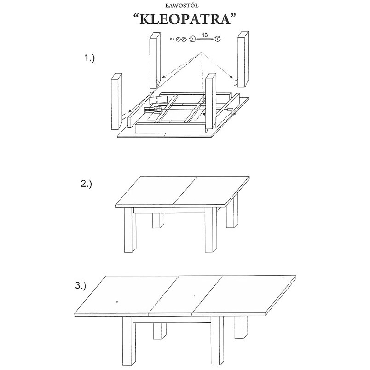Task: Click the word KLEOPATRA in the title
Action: [x=185, y=19]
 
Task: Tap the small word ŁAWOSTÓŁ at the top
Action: [x=185, y=5]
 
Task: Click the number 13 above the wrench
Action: [x=205, y=35]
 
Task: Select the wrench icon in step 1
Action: [x=205, y=39]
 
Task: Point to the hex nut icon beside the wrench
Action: [x=184, y=39]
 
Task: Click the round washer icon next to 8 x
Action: [x=178, y=39]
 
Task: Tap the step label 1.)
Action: [x=89, y=58]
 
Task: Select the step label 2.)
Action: [x=86, y=184]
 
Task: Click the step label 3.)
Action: [x=81, y=286]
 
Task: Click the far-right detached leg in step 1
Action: [x=243, y=59]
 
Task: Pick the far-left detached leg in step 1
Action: [x=116, y=101]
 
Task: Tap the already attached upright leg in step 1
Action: [x=211, y=101]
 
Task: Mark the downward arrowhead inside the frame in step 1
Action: [x=204, y=115]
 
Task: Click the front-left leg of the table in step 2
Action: [x=130, y=229]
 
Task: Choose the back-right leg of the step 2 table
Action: [x=232, y=214]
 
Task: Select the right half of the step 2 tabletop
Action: [x=211, y=191]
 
